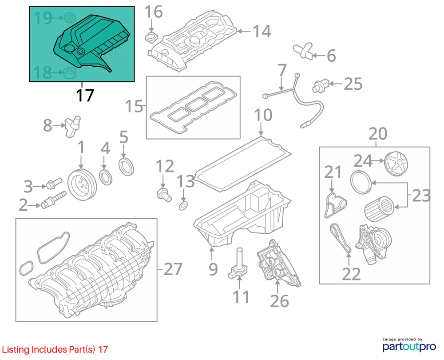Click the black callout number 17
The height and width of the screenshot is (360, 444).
pyautogui.click(x=85, y=95)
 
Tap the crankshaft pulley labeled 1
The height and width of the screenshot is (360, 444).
pyautogui.click(x=82, y=185)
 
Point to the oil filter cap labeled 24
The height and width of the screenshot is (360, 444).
pyautogui.click(x=396, y=164)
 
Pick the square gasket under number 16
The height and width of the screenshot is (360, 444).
pyautogui.click(x=152, y=37)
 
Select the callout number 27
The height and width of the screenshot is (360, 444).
pyautogui.click(x=173, y=269)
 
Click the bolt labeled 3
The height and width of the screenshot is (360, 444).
pyautogui.click(x=54, y=184)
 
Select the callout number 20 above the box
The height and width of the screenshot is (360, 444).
pyautogui.click(x=378, y=134)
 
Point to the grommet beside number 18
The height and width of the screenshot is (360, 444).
pyautogui.click(x=69, y=73)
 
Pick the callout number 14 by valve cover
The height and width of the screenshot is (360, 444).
pyautogui.click(x=262, y=31)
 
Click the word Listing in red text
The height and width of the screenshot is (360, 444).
pyautogui.click(x=16, y=349)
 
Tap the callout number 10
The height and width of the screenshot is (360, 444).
pyautogui.click(x=263, y=115)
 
